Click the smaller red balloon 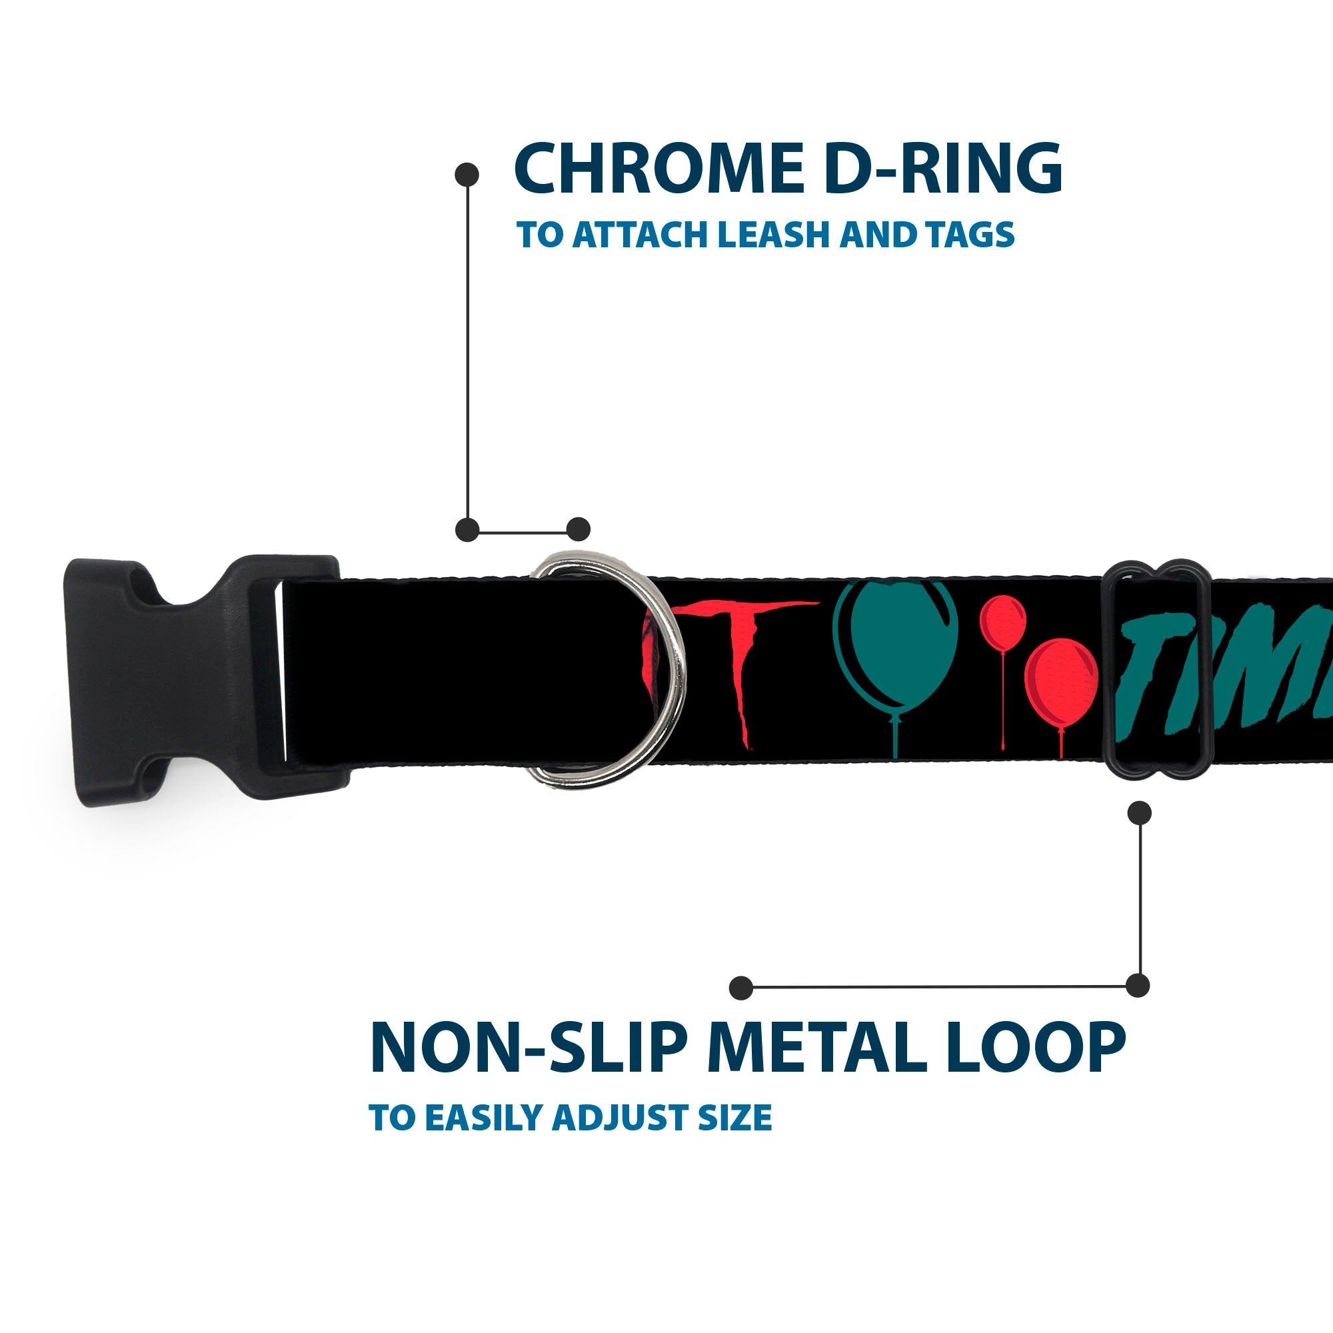click(x=1002, y=621)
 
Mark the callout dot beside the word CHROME click(x=467, y=175)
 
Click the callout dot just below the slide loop click(x=1139, y=812)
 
